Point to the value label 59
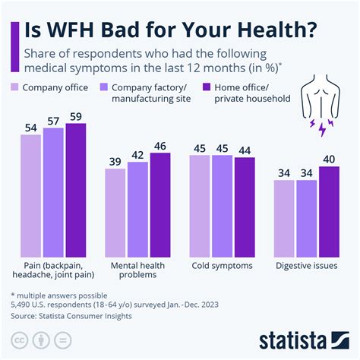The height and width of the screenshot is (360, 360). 76,115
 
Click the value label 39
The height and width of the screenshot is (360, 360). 115,161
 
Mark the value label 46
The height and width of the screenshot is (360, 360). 160,145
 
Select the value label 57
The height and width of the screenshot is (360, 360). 54,120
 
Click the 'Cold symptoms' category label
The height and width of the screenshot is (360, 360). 223,267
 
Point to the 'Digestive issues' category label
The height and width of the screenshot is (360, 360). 307,267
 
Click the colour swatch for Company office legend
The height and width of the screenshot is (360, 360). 14,87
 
